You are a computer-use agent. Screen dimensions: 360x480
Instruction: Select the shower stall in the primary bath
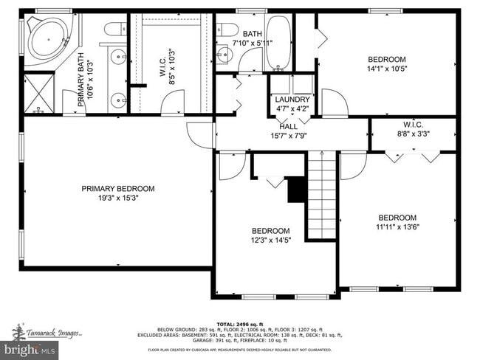click(38, 92)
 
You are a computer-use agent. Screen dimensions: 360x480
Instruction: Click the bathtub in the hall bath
click(279, 41)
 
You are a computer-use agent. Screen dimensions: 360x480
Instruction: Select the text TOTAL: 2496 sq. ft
click(240, 324)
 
